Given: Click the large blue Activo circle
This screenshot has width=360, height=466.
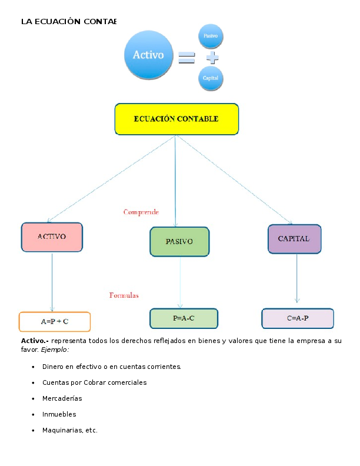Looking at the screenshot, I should point(149,55).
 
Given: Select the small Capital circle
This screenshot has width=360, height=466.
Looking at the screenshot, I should point(211,78).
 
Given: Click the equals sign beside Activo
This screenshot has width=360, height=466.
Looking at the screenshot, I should point(186,58).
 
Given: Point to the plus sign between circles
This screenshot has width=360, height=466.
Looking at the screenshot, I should point(212,58).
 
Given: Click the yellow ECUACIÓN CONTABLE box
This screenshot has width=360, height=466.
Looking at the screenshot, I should point(176,119).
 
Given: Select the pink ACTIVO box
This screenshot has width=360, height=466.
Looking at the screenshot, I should point(52,237).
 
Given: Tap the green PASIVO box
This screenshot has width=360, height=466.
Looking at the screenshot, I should point(179,241).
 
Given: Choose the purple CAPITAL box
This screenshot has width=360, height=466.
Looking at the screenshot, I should point(294,239).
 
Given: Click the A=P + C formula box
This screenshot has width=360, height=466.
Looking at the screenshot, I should point(55,322).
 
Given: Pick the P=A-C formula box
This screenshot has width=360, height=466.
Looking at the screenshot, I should point(184,318).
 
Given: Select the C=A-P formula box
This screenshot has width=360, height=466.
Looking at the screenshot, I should point(298,318).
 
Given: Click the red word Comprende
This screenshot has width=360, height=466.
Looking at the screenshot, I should point(141,212).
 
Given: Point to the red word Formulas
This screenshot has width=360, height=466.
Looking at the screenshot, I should point(124,295).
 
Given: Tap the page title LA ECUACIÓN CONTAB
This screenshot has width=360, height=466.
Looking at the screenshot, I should point(69,22).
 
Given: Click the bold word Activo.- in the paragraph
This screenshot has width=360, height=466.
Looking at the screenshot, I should point(35,341).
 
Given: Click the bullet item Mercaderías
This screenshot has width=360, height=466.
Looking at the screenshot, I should point(62,398).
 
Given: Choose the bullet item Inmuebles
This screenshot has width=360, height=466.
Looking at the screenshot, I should point(59,414).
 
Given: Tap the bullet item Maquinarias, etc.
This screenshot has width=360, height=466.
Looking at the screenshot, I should point(69,430).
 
